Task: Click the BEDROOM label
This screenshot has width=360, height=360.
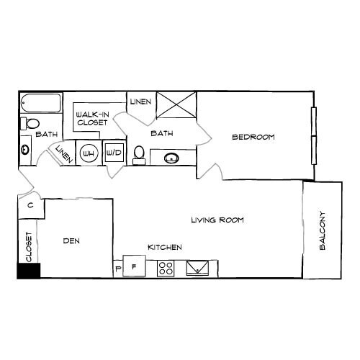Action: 253,137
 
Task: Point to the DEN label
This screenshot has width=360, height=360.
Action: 70,241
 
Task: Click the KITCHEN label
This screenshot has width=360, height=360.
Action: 164,248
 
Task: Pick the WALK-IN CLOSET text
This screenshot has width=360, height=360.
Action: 91,118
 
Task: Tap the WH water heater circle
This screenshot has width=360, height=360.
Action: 89,153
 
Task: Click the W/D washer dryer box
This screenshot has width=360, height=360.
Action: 113,153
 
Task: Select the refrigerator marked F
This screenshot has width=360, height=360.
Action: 134,267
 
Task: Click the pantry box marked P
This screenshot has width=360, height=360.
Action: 118,269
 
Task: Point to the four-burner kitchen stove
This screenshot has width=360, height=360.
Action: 166,268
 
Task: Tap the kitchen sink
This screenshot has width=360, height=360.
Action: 197,268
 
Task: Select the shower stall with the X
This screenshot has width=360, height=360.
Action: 176,104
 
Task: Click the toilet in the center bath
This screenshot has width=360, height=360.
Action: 140,154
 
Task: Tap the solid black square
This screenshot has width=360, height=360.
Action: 30,271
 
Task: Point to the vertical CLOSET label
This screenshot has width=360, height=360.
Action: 30,246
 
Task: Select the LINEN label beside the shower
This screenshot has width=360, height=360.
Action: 141,102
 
